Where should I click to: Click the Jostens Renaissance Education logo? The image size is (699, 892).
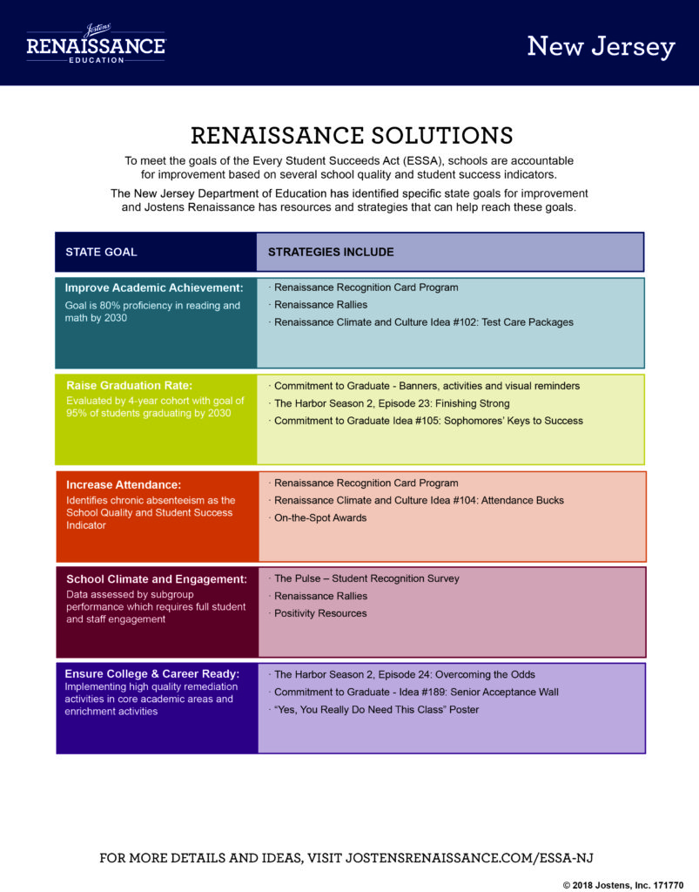click(x=96, y=44)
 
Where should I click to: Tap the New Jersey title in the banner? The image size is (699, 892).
click(x=601, y=47)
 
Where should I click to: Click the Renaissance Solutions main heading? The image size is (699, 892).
click(x=352, y=135)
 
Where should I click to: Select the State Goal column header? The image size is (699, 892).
click(x=101, y=252)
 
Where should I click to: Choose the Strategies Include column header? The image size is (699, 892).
click(x=331, y=252)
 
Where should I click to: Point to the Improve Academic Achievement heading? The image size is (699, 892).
click(x=154, y=287)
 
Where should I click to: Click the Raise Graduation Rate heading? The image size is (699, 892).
click(x=130, y=385)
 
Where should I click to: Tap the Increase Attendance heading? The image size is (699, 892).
click(x=124, y=484)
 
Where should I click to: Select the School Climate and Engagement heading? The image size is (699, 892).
click(x=157, y=579)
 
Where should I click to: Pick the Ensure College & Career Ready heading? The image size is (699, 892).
click(x=152, y=673)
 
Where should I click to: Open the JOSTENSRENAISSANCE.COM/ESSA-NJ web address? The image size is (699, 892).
click(x=469, y=858)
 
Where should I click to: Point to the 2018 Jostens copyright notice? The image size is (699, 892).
click(x=623, y=885)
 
